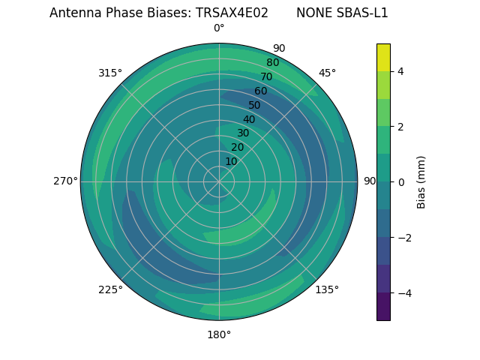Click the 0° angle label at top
click(219, 28)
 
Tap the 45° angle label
click(327, 73)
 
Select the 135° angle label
click(327, 289)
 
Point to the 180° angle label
click(219, 334)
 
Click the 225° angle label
click(110, 289)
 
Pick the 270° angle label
click(65, 181)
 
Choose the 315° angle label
click(110, 73)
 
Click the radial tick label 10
click(231, 161)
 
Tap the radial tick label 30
click(243, 133)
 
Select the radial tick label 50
click(255, 106)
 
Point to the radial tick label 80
click(273, 63)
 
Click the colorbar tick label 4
click(401, 71)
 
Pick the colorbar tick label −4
click(403, 293)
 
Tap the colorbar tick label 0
click(401, 182)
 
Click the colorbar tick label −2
click(403, 238)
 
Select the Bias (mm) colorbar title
click(421, 182)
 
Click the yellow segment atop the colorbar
click(383, 58)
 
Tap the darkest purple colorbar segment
click(383, 307)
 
